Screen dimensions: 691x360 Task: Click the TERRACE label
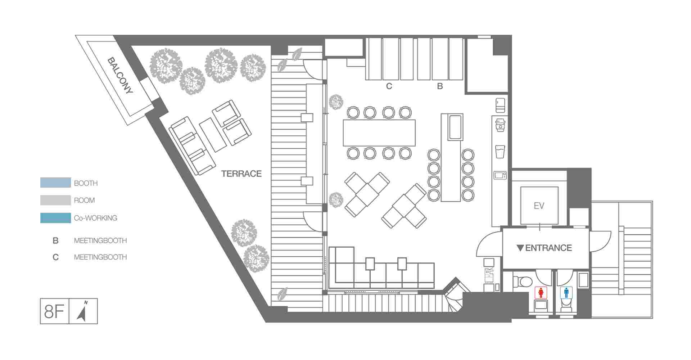pos(241,174)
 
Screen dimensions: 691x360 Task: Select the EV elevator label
pos(539,206)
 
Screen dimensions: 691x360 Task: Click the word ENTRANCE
pos(548,248)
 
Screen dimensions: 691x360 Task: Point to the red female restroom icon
pos(541,292)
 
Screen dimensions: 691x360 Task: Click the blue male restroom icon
pos(566,292)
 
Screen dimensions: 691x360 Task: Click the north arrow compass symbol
pos(82,311)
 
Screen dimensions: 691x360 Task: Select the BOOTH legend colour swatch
pos(55,183)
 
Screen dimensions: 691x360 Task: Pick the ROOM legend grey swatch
pos(55,200)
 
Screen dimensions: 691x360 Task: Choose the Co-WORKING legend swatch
pos(55,218)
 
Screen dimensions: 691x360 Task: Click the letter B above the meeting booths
pos(440,86)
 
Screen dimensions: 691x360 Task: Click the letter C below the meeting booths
pos(389,86)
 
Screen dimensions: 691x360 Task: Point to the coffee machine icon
pos(500,125)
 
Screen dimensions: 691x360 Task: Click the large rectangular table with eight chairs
pos(379,132)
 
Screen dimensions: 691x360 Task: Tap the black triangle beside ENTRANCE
pos(520,248)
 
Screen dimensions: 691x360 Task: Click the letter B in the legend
pos(55,240)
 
